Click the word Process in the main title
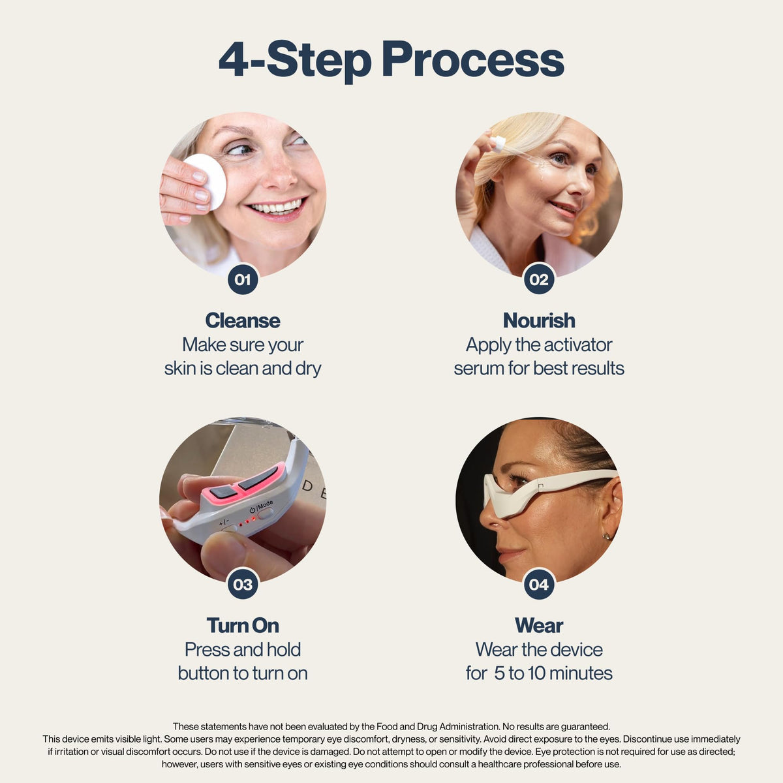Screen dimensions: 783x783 point(473,59)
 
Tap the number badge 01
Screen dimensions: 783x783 point(243,279)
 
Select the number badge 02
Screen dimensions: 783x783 point(539,279)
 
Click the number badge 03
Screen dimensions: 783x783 point(243,584)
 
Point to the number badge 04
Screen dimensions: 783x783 point(539,584)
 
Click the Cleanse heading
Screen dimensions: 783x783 point(243,320)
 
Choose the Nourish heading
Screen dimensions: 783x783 point(539,320)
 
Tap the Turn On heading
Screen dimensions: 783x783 point(243,625)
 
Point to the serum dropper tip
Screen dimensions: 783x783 point(498,143)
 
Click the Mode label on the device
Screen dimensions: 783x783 point(265,506)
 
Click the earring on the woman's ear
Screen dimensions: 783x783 point(606,537)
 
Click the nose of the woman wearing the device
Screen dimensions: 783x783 point(489,519)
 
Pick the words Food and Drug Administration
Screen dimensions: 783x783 point(438,726)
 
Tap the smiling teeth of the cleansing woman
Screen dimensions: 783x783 point(276,207)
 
